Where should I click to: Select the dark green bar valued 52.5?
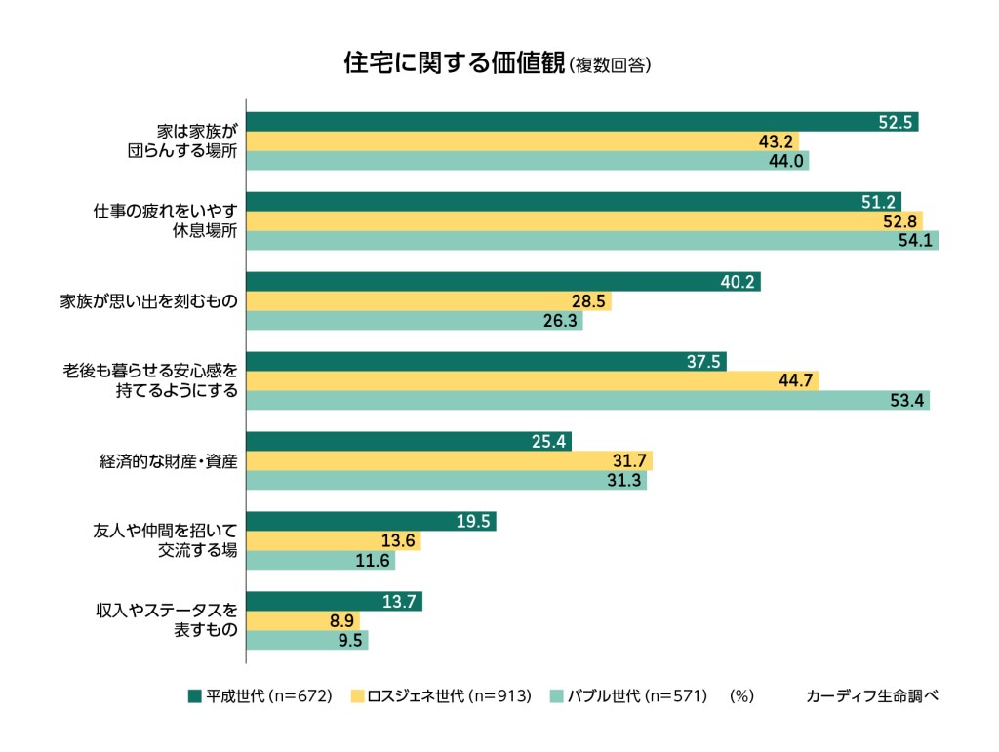581,122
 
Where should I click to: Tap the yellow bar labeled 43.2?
522,141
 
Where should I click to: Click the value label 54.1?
917,241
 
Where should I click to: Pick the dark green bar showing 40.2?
502,282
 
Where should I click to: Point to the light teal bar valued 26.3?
414,321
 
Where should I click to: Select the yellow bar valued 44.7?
532,380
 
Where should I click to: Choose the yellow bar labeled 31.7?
449,460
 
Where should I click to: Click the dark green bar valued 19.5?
371,521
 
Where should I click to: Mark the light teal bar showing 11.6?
320,561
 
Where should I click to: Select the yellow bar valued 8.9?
302,620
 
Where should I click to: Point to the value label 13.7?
401,601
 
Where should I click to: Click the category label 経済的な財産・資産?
169,460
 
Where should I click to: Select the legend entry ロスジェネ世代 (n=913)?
440,696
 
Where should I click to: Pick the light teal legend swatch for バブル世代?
557,696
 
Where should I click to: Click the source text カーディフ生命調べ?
872,696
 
